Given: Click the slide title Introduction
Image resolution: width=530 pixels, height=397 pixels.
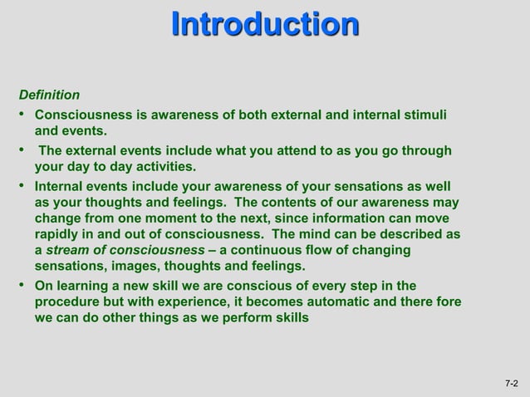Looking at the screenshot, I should click(265, 24).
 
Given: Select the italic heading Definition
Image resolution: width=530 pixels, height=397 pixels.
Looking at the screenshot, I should click(49, 95).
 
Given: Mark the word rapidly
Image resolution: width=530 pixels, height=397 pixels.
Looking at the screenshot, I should click(57, 235).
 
